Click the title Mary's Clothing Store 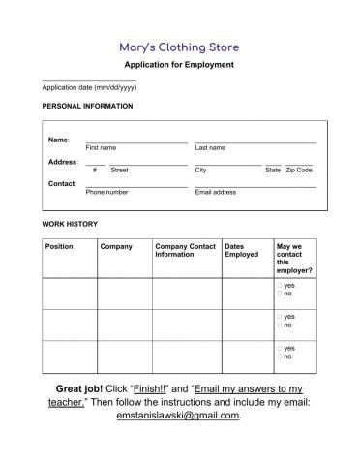pos(179,46)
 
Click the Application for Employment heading pos(179,65)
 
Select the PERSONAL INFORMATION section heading pos(87,106)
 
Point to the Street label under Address pos(119,170)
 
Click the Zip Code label pos(299,170)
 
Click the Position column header pos(59,247)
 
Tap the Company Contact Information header pos(185,251)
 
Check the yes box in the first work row pos(279,286)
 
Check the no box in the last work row pos(279,356)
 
